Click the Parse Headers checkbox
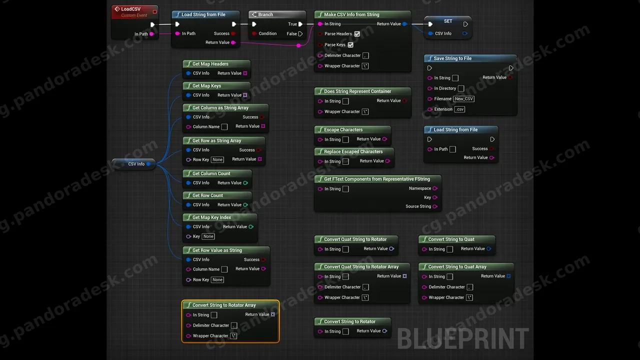pyautogui.click(x=357, y=34)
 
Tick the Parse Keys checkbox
pyautogui.click(x=350, y=45)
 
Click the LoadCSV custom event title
pyautogui.click(x=131, y=9)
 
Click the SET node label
pyautogui.click(x=448, y=21)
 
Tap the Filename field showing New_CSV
pyautogui.click(x=463, y=99)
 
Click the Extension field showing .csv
pyautogui.click(x=459, y=109)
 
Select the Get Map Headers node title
pyautogui.click(x=210, y=64)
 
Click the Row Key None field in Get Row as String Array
pyautogui.click(x=217, y=159)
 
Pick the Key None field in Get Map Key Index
pyautogui.click(x=208, y=236)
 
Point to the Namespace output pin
pyautogui.click(x=435, y=188)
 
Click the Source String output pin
pyautogui.click(x=435, y=206)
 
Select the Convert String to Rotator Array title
pyautogui.click(x=224, y=305)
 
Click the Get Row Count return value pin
pyautogui.click(x=245, y=205)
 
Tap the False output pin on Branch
pyautogui.click(x=300, y=33)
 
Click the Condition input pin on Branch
pyautogui.click(x=254, y=33)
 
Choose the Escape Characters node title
pyautogui.click(x=343, y=129)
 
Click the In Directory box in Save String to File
pyautogui.click(x=461, y=88)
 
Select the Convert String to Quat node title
pyautogui.click(x=451, y=239)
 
